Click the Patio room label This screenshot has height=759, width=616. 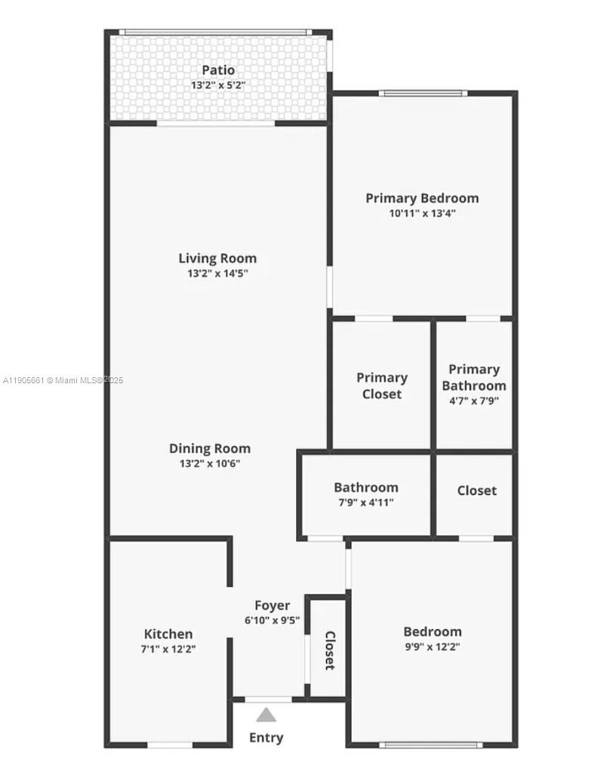(217, 70)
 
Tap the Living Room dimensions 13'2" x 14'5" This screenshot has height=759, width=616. (217, 274)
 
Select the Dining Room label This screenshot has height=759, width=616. (210, 448)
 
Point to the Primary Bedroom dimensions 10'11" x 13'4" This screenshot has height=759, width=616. (422, 214)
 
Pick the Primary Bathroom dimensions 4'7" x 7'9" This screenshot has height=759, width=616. (474, 401)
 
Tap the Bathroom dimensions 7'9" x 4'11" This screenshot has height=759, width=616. (366, 502)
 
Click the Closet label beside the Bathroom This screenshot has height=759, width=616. (477, 490)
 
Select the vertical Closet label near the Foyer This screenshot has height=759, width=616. (330, 650)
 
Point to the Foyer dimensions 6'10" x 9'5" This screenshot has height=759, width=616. (272, 621)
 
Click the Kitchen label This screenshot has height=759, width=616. (168, 634)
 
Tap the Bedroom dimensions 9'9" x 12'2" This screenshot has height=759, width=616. (433, 647)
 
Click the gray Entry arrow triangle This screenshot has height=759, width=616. (266, 714)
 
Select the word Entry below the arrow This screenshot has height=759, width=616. (266, 737)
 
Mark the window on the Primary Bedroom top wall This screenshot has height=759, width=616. (423, 94)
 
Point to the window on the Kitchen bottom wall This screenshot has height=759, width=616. (169, 745)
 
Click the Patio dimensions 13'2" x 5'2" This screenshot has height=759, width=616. (217, 86)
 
